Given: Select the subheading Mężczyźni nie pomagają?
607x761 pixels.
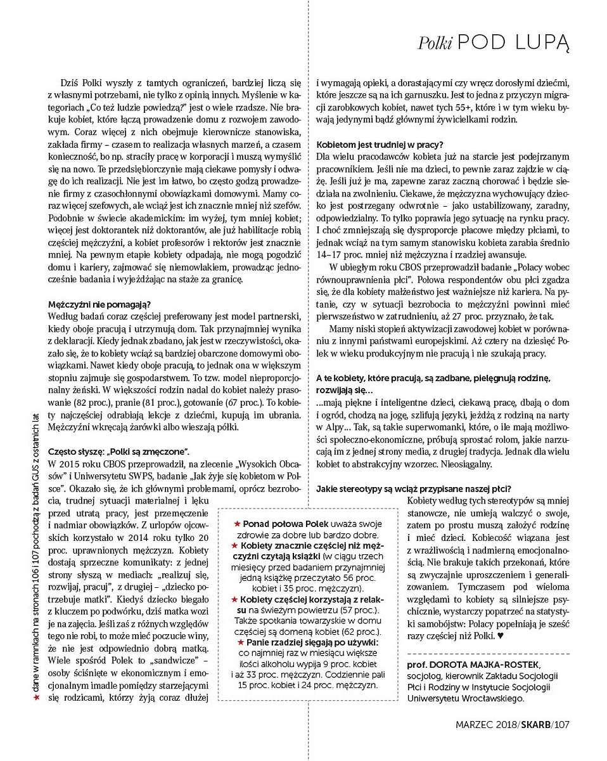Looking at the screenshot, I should point(100,304).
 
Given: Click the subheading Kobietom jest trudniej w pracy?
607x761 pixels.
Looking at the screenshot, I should point(380,144).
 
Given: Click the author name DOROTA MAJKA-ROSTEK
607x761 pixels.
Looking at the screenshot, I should point(485,664).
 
